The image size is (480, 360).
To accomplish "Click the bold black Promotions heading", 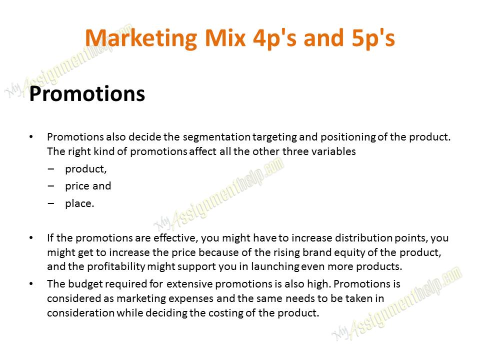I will point(87,94).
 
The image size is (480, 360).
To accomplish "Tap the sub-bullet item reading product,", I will point(85,169).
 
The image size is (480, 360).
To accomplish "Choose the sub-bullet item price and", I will point(88,186).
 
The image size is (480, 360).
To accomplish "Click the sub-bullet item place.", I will point(79,203).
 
